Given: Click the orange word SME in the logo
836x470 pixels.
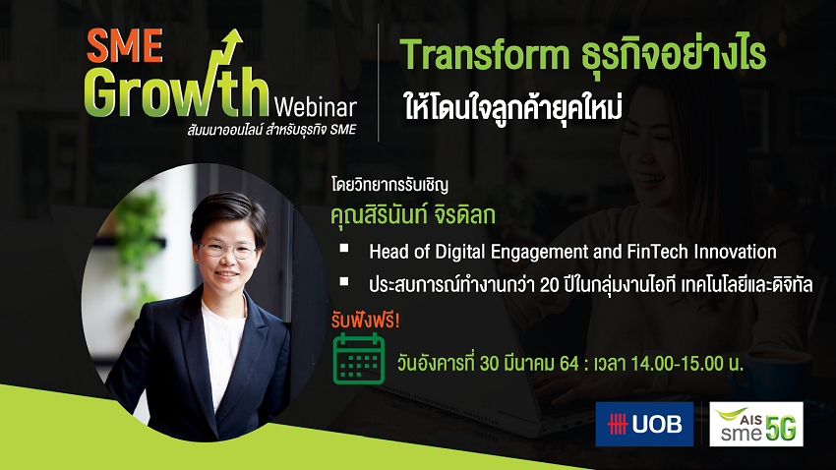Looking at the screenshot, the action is (x=125, y=45).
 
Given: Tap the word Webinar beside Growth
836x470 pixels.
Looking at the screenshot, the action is (x=315, y=107).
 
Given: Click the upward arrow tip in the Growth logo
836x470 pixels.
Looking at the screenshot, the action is (x=236, y=32).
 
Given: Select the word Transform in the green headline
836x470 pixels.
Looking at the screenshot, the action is (x=485, y=55).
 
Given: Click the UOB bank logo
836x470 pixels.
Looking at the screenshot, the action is (x=644, y=424).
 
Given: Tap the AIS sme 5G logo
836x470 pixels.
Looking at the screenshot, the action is (x=756, y=424).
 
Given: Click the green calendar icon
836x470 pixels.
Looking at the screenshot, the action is (x=359, y=359).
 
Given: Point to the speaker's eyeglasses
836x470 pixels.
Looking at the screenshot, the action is (x=228, y=250).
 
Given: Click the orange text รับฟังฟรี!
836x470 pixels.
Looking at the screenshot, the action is (x=365, y=320).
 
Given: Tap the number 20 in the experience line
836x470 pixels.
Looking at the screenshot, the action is (x=549, y=285).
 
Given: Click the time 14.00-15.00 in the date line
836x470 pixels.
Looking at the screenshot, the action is (x=677, y=364).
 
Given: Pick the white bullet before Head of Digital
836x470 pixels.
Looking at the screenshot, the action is (x=344, y=249).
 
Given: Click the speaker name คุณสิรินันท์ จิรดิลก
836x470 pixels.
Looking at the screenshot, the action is (x=413, y=215).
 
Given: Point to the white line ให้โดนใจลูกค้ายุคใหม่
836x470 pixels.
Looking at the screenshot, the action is (x=513, y=107).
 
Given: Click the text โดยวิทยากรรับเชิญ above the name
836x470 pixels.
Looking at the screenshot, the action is (x=389, y=185).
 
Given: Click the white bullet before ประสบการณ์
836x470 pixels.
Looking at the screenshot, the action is (x=344, y=281).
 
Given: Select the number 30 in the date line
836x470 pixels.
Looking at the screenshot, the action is (x=490, y=364).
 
